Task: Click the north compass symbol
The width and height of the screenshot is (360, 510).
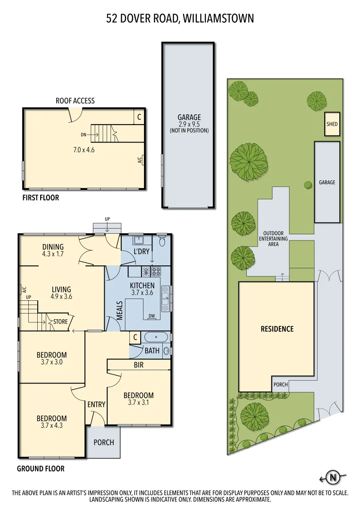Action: coord(333,477)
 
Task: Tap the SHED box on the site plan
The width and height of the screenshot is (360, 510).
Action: coord(332,125)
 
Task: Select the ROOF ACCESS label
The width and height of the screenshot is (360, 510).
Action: coord(75,101)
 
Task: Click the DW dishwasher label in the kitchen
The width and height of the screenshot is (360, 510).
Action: coord(152,316)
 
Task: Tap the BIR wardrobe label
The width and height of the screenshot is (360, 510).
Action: coord(139,365)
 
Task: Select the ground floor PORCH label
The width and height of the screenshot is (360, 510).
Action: coord(104,442)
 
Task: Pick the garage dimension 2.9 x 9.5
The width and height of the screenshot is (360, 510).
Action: coord(189,124)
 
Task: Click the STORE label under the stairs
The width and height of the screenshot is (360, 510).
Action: coord(60,322)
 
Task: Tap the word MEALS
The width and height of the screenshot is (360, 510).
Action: coord(120,310)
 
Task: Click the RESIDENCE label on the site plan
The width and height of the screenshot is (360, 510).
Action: coord(277,329)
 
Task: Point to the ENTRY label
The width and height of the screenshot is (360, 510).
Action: coord(96,404)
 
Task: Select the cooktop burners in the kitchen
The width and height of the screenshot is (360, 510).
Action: coord(156,272)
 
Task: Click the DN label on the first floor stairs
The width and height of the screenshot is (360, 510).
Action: coord(84,135)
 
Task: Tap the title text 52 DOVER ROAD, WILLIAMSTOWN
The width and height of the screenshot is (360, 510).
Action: coord(180,18)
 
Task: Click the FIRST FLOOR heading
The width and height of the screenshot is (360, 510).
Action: coord(41,198)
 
